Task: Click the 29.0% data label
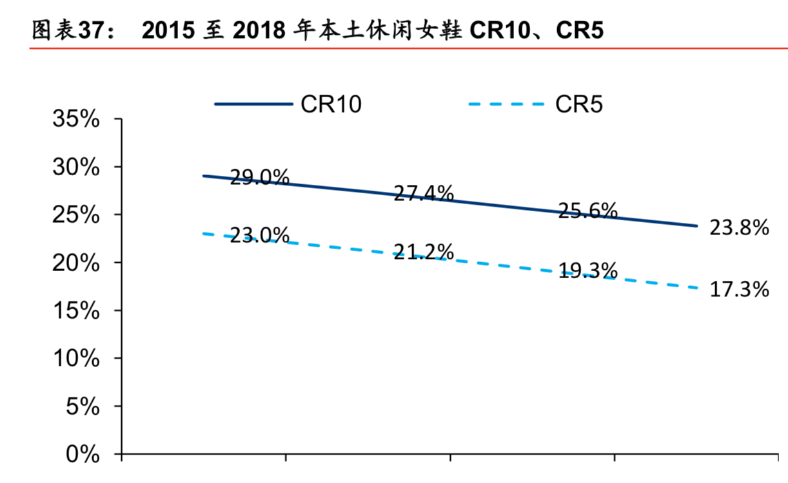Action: [259, 177]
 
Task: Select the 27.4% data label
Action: [424, 193]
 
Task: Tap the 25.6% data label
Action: [587, 211]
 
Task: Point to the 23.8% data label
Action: [739, 227]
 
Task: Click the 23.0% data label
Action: [259, 235]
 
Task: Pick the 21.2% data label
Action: [424, 252]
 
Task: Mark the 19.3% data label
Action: [587, 271]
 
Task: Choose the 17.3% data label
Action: [739, 290]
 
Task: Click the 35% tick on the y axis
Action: [76, 120]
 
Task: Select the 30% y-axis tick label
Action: [76, 167]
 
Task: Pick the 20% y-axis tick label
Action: [76, 263]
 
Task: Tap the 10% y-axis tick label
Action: [76, 359]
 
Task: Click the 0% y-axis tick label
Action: [84, 455]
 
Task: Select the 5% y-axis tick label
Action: [84, 407]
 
